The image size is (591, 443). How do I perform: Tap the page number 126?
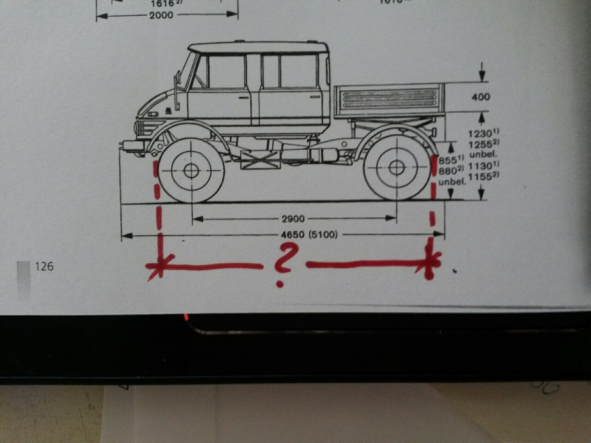pos(44,266)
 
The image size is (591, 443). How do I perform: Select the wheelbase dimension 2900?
pos(293,219)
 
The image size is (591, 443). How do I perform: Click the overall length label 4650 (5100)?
pos(309,235)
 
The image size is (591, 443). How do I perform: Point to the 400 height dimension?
pos(480,97)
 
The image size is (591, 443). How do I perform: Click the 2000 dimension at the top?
pos(161,16)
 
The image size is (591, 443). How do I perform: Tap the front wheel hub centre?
pos(191,171)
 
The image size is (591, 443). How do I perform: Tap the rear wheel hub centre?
pos(397,168)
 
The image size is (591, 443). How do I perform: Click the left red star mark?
pos(158,267)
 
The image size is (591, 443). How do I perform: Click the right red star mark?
pos(430,261)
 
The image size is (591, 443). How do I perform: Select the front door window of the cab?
pos(226,72)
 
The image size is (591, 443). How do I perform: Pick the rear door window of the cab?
pos(291,71)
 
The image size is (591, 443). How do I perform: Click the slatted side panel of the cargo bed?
pos(389,99)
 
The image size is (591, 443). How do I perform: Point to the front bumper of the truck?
pos(133,145)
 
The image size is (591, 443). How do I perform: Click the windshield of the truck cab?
pos(186,71)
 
